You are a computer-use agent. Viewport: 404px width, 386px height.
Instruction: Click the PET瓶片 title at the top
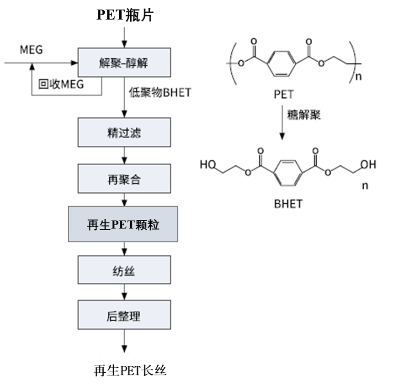point(125,16)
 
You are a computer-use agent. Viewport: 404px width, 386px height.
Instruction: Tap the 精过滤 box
point(124,133)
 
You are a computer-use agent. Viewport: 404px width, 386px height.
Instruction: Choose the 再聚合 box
point(124,179)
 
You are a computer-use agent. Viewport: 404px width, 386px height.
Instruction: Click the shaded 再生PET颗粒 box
point(123,224)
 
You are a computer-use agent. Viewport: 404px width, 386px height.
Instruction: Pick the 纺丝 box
point(124,271)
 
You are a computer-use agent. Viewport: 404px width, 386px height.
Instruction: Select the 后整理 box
point(124,316)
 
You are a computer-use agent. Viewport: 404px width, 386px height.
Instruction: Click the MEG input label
point(31,49)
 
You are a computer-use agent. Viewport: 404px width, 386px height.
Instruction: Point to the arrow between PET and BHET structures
point(282,123)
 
